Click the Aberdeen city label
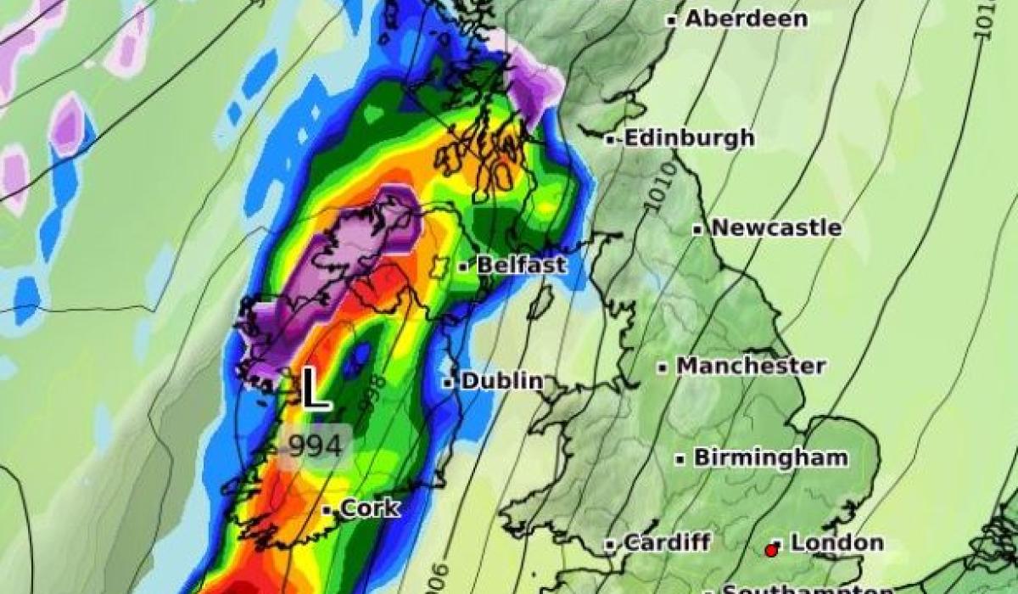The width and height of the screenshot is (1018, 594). coord(746,19)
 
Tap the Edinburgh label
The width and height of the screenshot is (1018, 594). coord(689,138)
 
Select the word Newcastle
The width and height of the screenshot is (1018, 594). coord(776,228)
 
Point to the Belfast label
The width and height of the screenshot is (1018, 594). coord(521,265)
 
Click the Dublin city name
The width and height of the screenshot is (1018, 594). coord(501,381)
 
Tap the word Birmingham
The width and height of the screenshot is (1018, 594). coord(770,457)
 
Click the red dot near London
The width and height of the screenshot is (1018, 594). coord(771,551)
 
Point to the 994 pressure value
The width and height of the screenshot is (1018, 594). coord(315,445)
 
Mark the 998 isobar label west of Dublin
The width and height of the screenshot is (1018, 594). coord(375,395)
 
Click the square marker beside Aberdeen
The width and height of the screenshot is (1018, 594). coord(671,20)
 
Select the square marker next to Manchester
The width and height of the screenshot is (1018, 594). coord(663,367)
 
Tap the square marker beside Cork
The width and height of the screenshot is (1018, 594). coord(327,510)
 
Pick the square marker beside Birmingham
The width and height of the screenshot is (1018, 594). coord(680,459)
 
